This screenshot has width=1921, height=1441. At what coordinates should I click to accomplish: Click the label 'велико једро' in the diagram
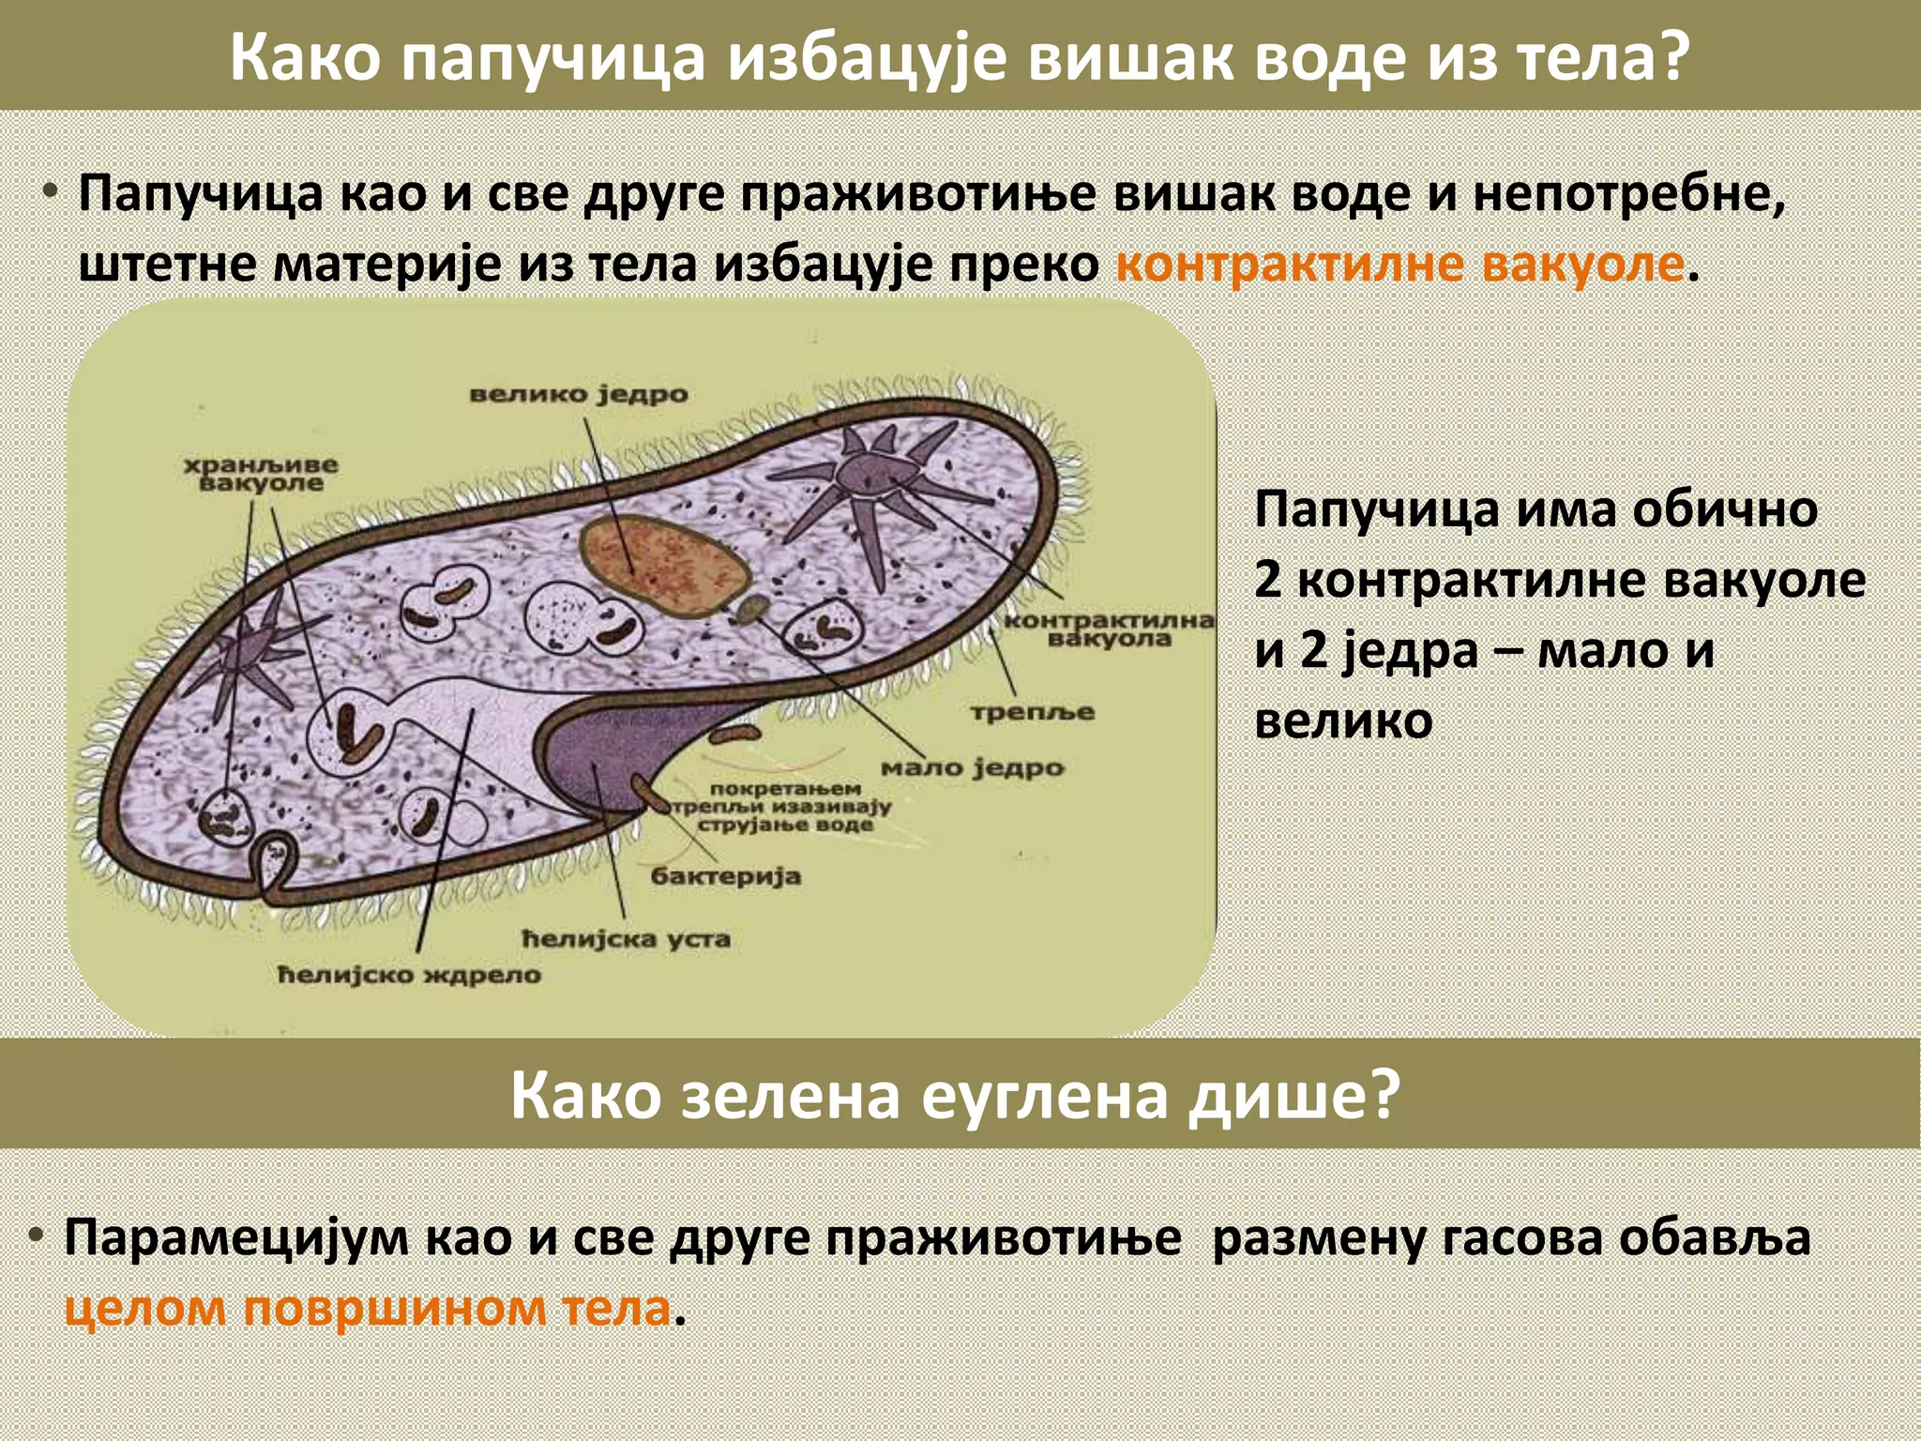579,394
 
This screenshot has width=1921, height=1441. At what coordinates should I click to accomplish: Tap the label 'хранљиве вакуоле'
260,474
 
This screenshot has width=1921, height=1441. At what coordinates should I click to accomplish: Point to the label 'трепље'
1032,712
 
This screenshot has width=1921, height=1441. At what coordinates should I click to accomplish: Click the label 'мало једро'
973,768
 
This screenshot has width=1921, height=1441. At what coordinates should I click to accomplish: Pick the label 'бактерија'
725,876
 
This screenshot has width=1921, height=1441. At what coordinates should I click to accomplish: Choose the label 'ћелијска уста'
626,939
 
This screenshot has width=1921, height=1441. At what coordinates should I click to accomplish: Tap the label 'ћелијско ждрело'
410,975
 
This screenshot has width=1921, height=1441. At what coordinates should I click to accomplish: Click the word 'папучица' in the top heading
554,58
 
